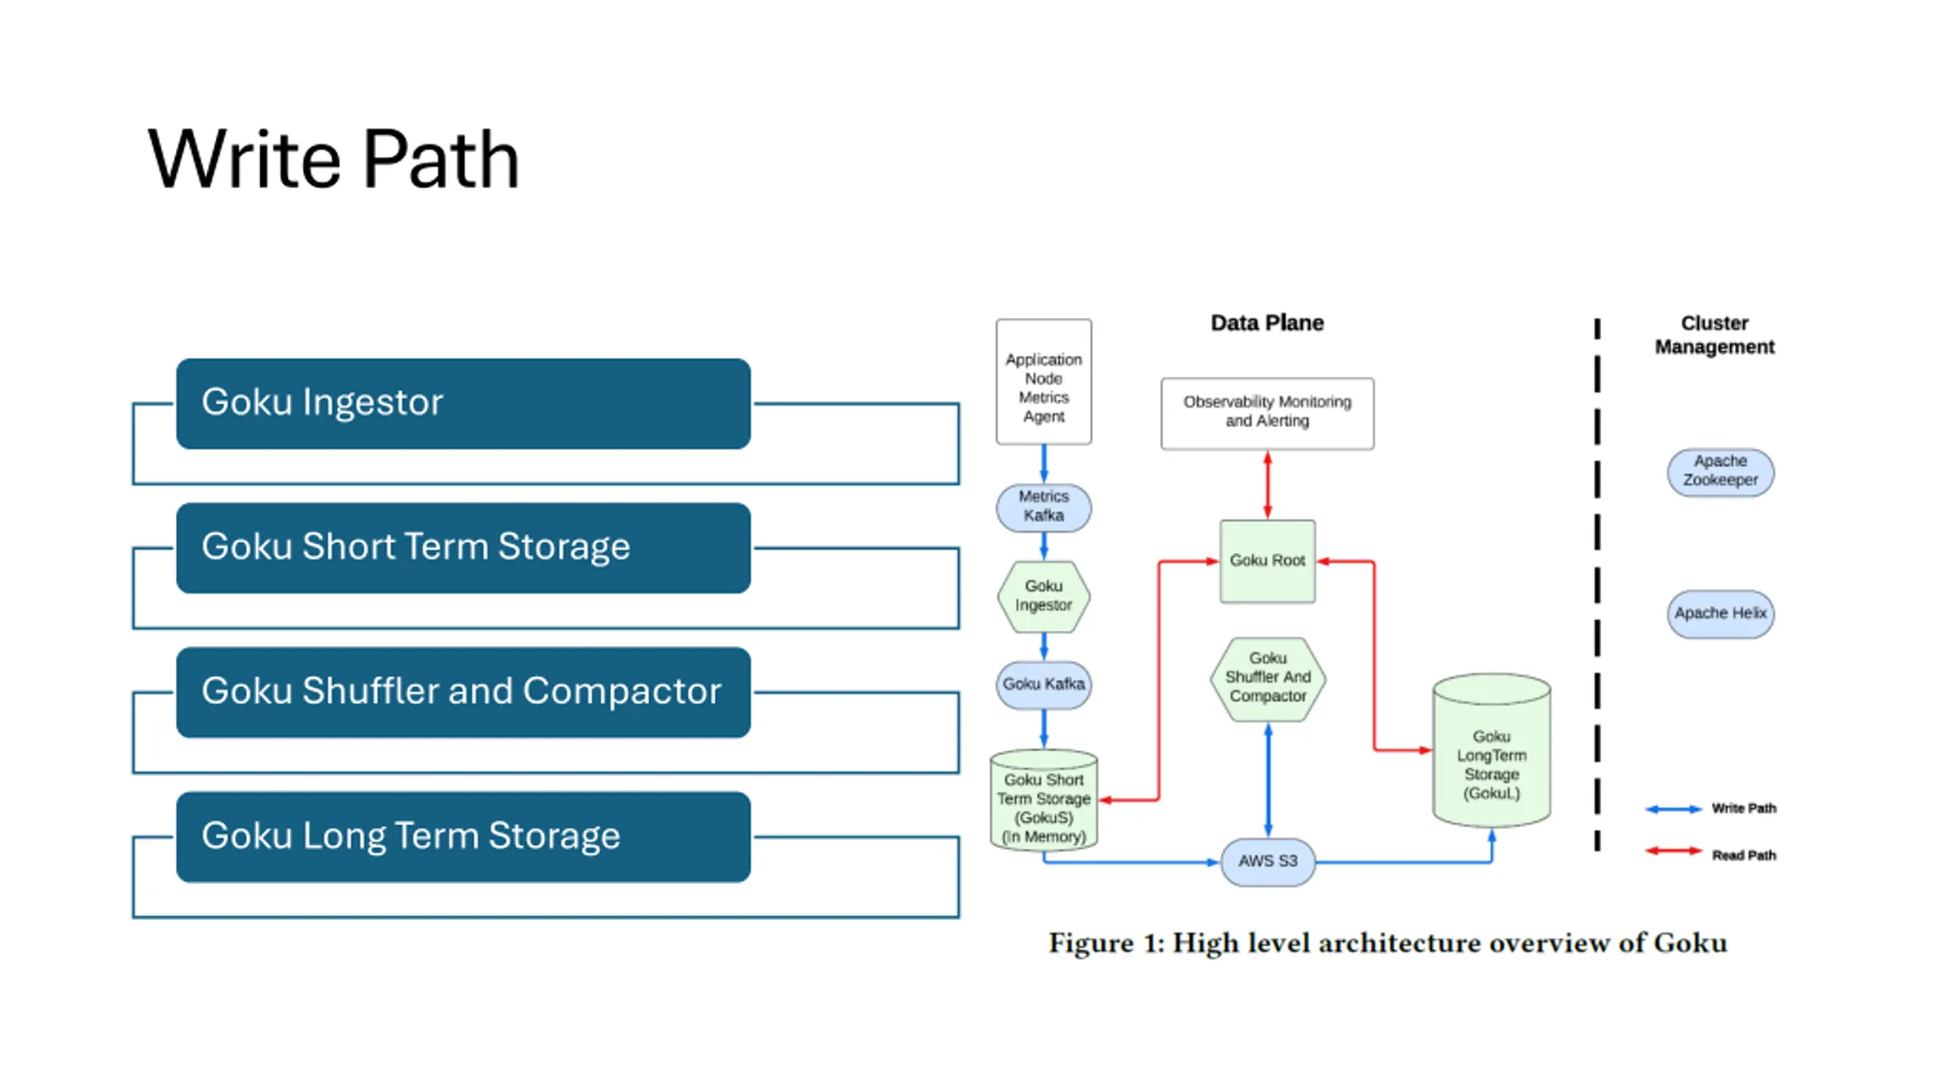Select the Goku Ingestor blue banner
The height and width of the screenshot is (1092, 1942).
click(x=464, y=403)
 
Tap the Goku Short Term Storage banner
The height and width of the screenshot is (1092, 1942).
click(x=464, y=548)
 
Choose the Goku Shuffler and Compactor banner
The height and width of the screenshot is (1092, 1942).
click(x=464, y=692)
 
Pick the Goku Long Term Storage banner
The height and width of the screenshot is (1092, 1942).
click(x=464, y=836)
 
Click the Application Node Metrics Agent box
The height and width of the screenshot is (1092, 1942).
click(x=1044, y=381)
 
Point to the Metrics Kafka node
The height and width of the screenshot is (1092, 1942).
click(x=1044, y=507)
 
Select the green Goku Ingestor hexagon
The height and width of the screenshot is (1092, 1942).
click(x=1044, y=596)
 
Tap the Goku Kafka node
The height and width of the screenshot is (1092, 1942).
click(x=1044, y=684)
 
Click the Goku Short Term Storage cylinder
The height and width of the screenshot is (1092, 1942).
click(x=1044, y=800)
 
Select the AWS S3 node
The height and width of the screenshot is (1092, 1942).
click(x=1268, y=861)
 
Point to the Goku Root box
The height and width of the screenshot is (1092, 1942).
click(x=1268, y=561)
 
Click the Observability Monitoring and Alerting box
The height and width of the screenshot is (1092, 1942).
click(x=1268, y=413)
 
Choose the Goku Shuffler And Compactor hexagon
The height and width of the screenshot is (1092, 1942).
click(x=1268, y=678)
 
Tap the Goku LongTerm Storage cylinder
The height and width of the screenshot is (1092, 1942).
click(x=1491, y=751)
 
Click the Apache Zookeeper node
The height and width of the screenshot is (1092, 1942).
click(x=1720, y=472)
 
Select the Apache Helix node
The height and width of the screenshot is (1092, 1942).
click(x=1720, y=613)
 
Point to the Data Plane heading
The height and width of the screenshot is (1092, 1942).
click(x=1267, y=323)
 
